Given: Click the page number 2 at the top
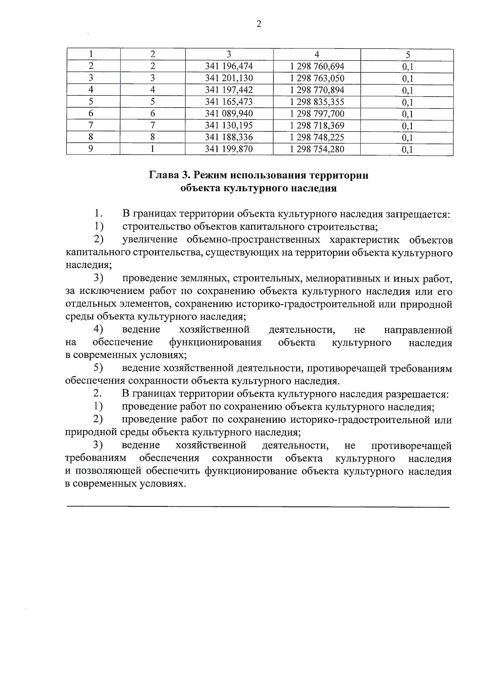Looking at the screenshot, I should tap(259, 25).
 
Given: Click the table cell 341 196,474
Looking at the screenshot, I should tap(229, 66).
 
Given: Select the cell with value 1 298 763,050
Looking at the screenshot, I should tap(317, 78).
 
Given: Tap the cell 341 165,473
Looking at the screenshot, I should tap(229, 102).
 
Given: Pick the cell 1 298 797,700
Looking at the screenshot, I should tap(317, 114).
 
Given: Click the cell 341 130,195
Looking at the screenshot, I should tap(229, 126).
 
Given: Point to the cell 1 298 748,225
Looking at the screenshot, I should tap(317, 137).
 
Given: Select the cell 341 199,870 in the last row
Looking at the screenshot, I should tap(229, 149).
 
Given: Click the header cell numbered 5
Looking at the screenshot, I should tap(407, 55).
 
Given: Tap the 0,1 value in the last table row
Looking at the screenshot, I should tap(407, 150).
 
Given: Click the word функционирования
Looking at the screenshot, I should tap(215, 343).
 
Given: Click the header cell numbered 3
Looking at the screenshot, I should tap(229, 55).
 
